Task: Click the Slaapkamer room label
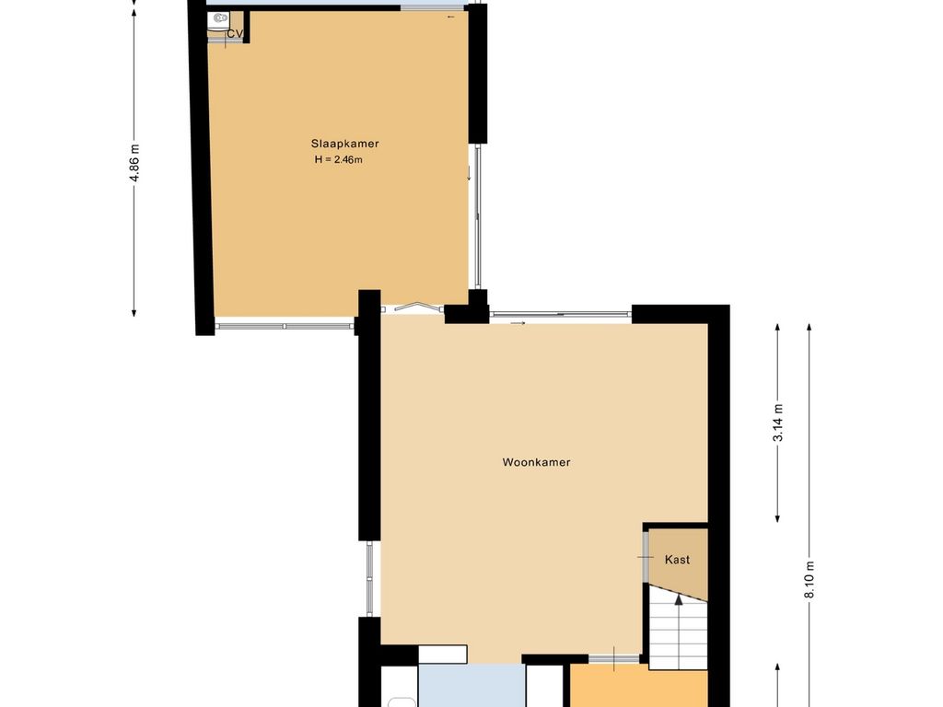344,144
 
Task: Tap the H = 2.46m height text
339,160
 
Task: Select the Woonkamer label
537,462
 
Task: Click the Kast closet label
677,560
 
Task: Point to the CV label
235,34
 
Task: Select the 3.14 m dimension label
778,423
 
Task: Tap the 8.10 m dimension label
809,579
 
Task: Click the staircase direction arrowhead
679,599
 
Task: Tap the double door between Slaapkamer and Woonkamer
413,307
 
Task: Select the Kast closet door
646,557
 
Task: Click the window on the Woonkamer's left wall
370,578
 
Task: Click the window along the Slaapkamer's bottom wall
285,326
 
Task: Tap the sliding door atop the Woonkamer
561,314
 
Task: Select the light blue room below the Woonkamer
472,685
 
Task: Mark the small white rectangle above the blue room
443,655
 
